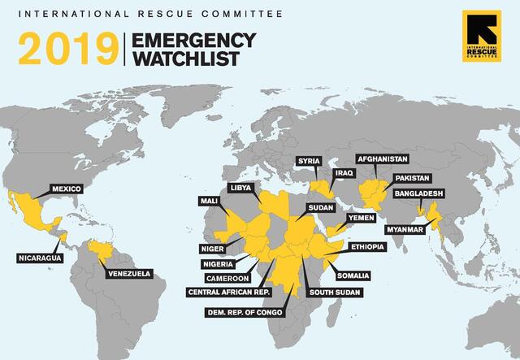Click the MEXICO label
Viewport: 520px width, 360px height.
[x=67, y=189]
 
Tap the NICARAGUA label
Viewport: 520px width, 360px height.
[x=39, y=258]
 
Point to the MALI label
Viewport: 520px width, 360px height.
[x=209, y=201]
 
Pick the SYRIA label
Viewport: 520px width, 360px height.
[x=308, y=160]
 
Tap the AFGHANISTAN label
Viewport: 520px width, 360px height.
[x=382, y=159]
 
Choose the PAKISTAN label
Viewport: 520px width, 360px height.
[x=412, y=177]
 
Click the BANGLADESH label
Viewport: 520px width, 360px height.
[x=419, y=194]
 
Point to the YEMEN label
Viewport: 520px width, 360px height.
[x=360, y=219]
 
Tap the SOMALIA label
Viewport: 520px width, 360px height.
[x=352, y=275]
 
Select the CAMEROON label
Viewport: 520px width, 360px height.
[x=227, y=277]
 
